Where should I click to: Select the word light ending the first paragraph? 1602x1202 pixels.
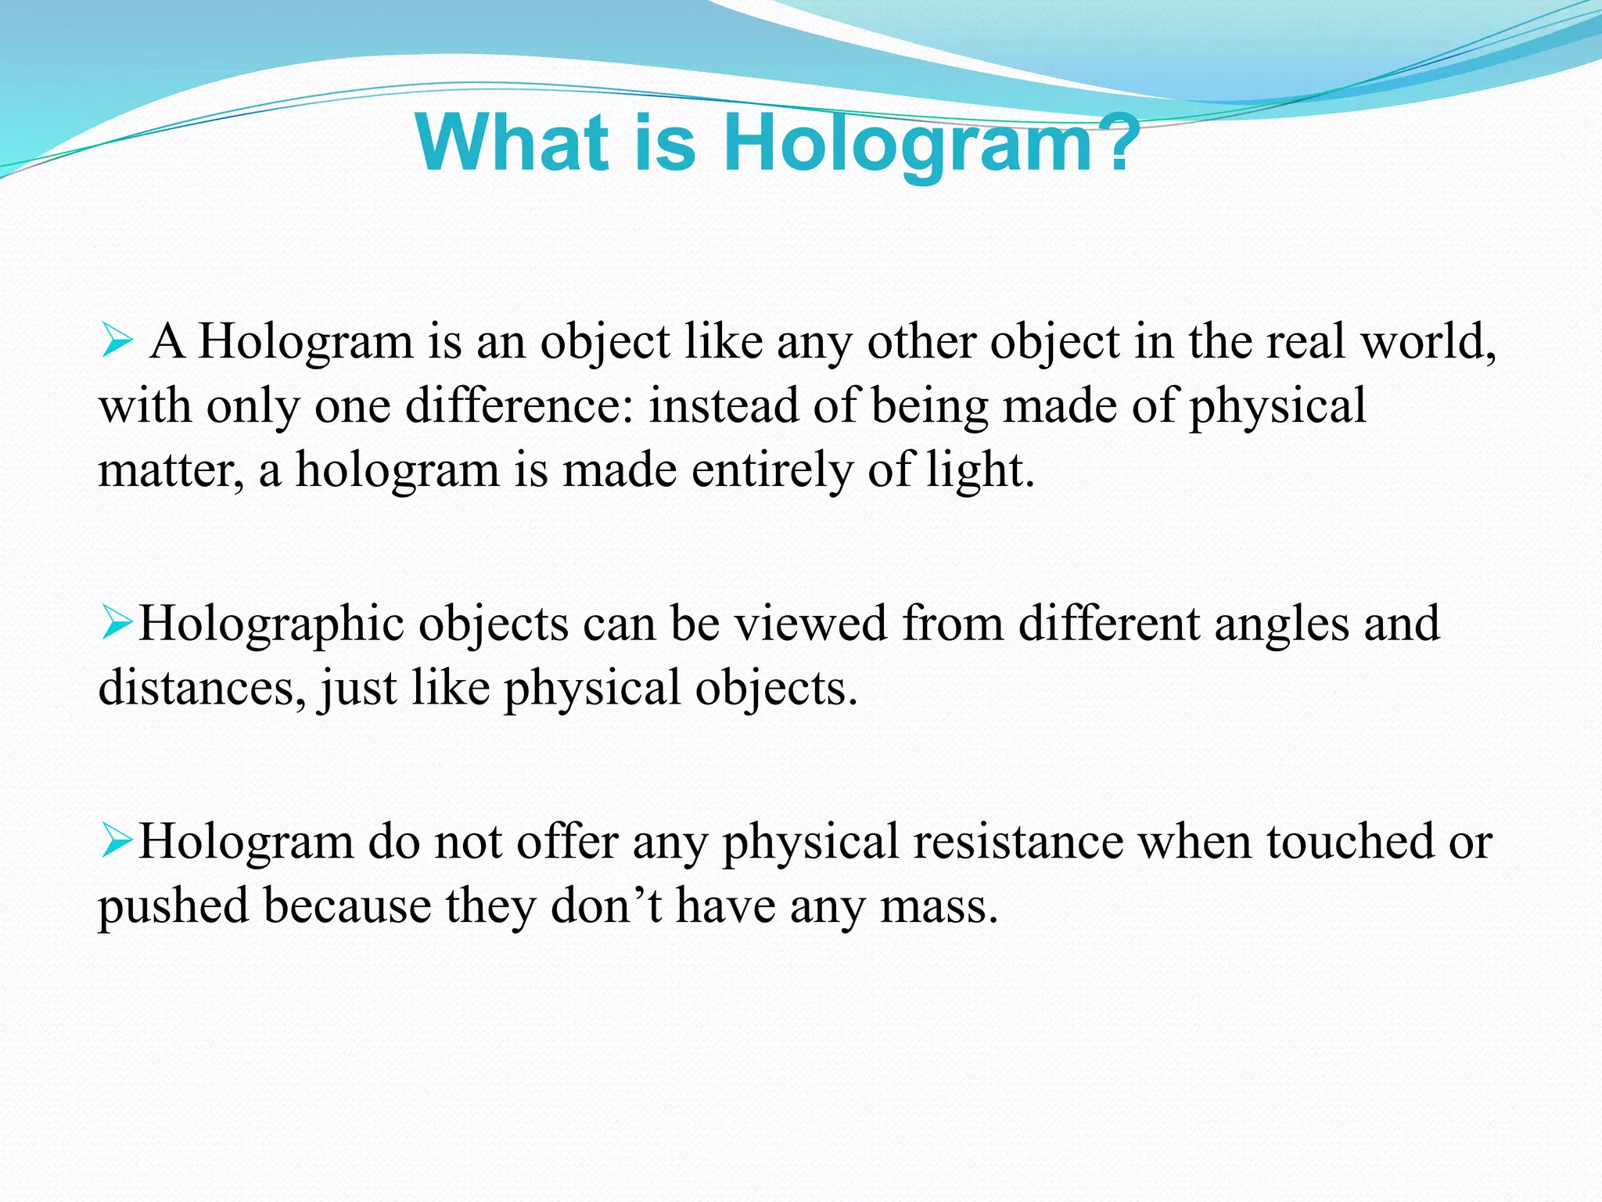[x=979, y=471]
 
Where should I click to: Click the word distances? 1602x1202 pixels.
[x=202, y=689]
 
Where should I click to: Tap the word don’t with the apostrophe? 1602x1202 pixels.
[x=606, y=906]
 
